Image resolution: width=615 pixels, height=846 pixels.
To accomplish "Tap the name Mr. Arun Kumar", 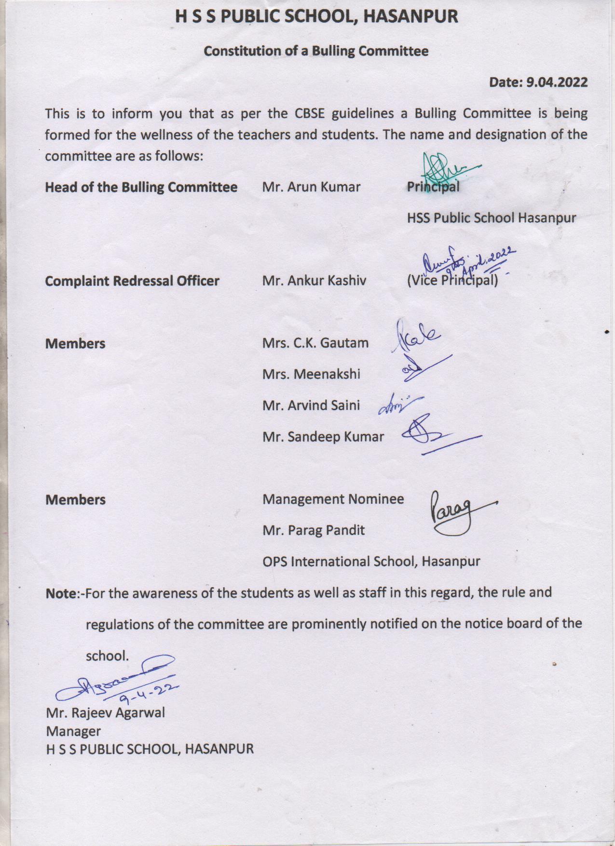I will coord(311,187).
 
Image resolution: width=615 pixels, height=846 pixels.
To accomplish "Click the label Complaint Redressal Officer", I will coord(132,281).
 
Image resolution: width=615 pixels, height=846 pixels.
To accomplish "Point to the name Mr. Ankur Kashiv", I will coord(314,281).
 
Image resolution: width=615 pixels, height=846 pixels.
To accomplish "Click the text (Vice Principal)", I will coord(452,281).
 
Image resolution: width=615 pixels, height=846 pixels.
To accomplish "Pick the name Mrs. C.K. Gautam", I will coord(315,343).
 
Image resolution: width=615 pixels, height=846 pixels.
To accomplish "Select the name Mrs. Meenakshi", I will coord(311,374).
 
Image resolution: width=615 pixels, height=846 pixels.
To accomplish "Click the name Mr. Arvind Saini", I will coord(311,405).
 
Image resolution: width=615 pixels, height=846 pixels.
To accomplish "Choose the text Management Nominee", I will coord(333,499).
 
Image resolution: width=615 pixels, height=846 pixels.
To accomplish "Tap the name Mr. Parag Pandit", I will coord(314,530).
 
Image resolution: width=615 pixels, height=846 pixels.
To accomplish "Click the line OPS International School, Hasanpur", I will coord(371,562).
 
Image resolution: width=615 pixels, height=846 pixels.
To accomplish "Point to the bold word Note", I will coord(61,593).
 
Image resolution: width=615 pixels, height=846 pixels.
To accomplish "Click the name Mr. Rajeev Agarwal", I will coord(105,712).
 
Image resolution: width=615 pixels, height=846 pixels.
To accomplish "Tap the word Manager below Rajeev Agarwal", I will coord(73,731).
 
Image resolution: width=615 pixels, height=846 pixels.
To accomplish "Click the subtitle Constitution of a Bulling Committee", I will coord(316,51).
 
